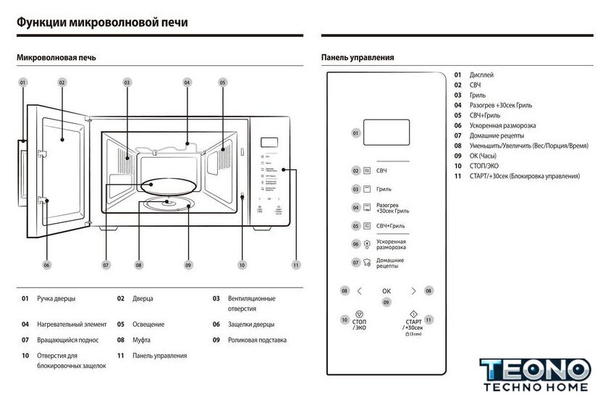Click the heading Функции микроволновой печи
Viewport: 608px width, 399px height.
(x=102, y=22)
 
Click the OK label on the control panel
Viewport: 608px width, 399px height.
(x=387, y=291)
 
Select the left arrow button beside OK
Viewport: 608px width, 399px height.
(x=360, y=291)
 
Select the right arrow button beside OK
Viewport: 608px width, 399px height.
(x=413, y=291)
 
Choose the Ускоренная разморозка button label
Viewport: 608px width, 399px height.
(x=391, y=244)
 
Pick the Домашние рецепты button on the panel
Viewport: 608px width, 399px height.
(x=390, y=262)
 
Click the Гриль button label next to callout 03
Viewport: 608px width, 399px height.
(x=384, y=189)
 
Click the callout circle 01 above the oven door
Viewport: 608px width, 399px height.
(x=22, y=83)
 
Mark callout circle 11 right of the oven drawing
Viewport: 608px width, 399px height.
(x=296, y=265)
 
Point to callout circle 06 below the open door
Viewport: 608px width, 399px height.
(x=46, y=265)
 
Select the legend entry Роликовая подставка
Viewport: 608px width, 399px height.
(x=257, y=340)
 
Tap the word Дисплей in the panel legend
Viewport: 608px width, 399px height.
(x=482, y=75)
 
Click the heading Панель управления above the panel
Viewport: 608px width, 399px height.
(x=358, y=58)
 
